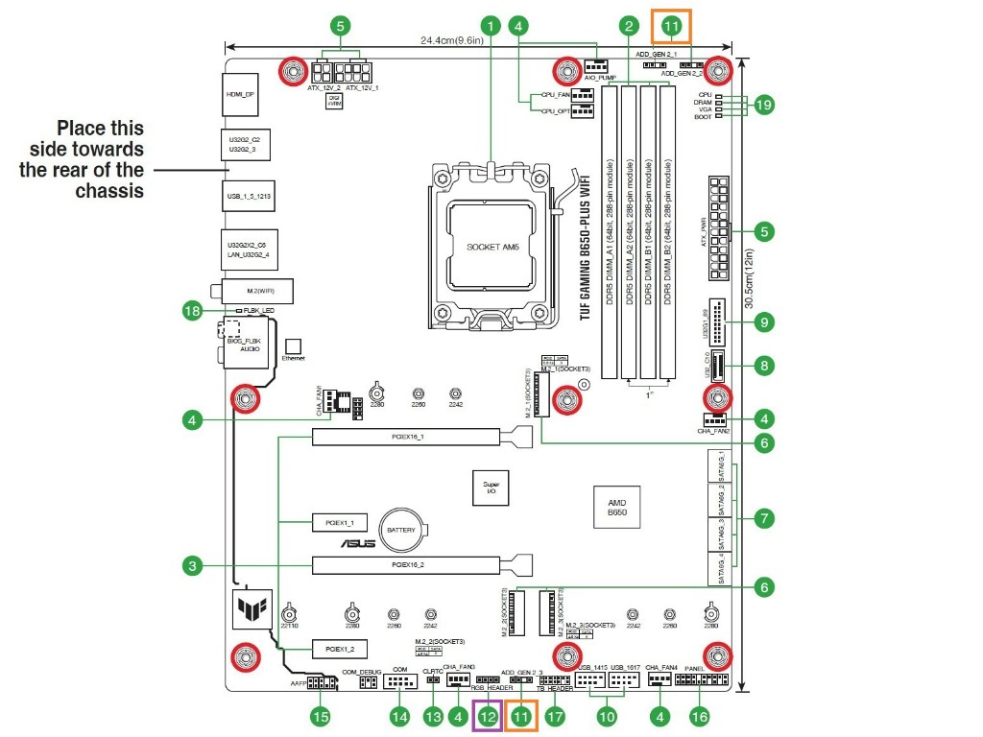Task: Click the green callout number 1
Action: (492, 26)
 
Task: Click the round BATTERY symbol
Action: (400, 530)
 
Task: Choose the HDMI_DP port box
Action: (240, 95)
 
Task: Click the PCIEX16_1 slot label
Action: (407, 438)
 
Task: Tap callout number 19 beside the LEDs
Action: (763, 106)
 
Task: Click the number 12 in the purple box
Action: (489, 715)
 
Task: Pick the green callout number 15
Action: (322, 715)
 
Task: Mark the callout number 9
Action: (763, 322)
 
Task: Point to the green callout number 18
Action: (194, 310)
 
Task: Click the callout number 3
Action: (194, 566)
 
